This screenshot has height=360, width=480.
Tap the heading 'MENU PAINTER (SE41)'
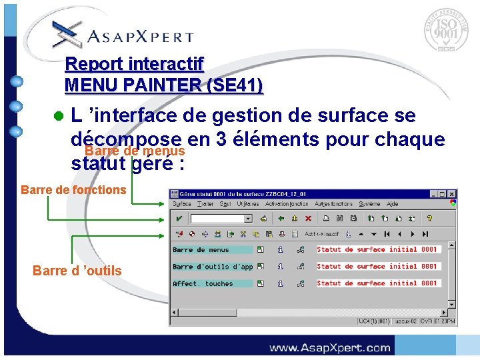pyautogui.click(x=163, y=85)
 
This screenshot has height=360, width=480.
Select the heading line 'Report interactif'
pyautogui.click(x=134, y=65)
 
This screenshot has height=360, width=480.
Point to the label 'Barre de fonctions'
pyautogui.click(x=73, y=189)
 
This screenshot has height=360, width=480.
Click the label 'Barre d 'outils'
pyautogui.click(x=77, y=270)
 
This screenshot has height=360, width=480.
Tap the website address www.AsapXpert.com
pyautogui.click(x=329, y=347)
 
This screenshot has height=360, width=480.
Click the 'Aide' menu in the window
pyautogui.click(x=393, y=204)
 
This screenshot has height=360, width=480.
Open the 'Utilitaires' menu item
pyautogui.click(x=248, y=204)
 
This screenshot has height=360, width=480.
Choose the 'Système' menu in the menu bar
pyautogui.click(x=369, y=204)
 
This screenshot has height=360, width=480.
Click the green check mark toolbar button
pyautogui.click(x=179, y=218)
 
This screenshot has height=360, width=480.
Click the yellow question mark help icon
pyautogui.click(x=430, y=218)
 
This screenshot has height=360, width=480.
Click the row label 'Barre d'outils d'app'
pyautogui.click(x=213, y=267)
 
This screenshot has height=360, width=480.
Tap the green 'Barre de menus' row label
pyautogui.click(x=201, y=250)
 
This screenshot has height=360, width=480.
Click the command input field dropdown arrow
pyautogui.click(x=248, y=219)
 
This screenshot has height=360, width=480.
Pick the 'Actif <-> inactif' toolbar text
pyautogui.click(x=322, y=234)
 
